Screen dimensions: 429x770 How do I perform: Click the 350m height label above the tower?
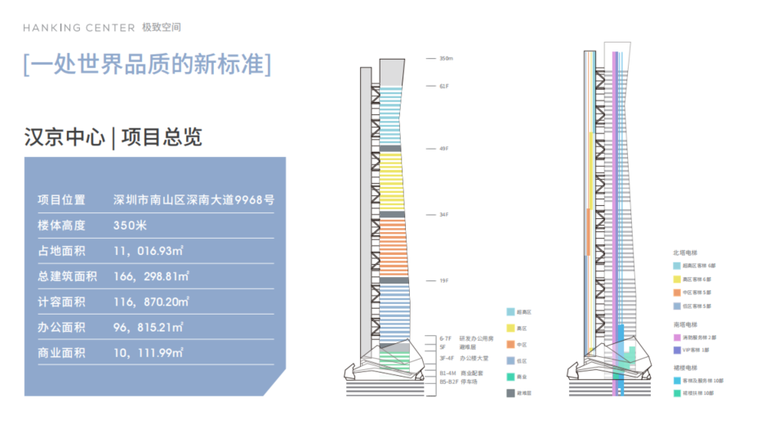445,59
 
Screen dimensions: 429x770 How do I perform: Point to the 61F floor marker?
444,86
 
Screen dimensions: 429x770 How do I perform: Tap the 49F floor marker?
444,149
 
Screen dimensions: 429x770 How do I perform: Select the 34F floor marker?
444,215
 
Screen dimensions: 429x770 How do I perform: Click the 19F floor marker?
444,281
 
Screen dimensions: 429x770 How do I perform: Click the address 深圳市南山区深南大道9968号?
193,199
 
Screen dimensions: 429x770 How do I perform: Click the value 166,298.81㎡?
152,276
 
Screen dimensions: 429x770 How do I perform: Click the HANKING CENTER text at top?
79,28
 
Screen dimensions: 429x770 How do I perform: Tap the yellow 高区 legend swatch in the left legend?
510,328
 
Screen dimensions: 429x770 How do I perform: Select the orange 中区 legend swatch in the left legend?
510,345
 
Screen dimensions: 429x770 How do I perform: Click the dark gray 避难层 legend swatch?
510,393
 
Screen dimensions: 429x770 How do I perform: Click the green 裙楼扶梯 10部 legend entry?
698,393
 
